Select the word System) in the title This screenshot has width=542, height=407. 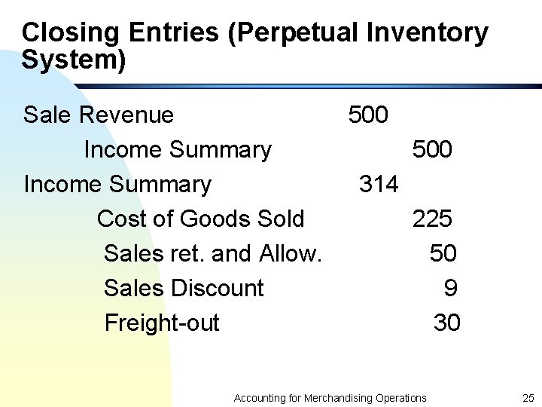pyautogui.click(x=74, y=60)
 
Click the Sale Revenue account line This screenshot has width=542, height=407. pyautogui.click(x=99, y=115)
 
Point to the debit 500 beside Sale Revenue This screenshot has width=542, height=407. pyautogui.click(x=368, y=115)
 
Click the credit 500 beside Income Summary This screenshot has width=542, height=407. pyautogui.click(x=432, y=150)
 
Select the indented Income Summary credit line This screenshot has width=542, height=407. pyautogui.click(x=177, y=150)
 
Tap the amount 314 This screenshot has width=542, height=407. pyautogui.click(x=379, y=185)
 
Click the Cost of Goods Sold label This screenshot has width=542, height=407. pyautogui.click(x=200, y=219)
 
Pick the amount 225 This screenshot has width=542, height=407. pyautogui.click(x=432, y=219)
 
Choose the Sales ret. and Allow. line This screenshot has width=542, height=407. pyautogui.click(x=213, y=254)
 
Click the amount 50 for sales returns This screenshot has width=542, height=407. pyautogui.click(x=443, y=254)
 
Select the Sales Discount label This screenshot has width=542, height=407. pyautogui.click(x=184, y=289)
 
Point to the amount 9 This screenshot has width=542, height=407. pyautogui.click(x=450, y=289)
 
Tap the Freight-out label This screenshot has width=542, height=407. pyautogui.click(x=162, y=323)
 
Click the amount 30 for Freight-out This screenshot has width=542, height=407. pyautogui.click(x=446, y=323)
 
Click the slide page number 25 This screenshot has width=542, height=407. pyautogui.click(x=527, y=398)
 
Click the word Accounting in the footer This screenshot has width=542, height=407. pyautogui.click(x=260, y=398)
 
